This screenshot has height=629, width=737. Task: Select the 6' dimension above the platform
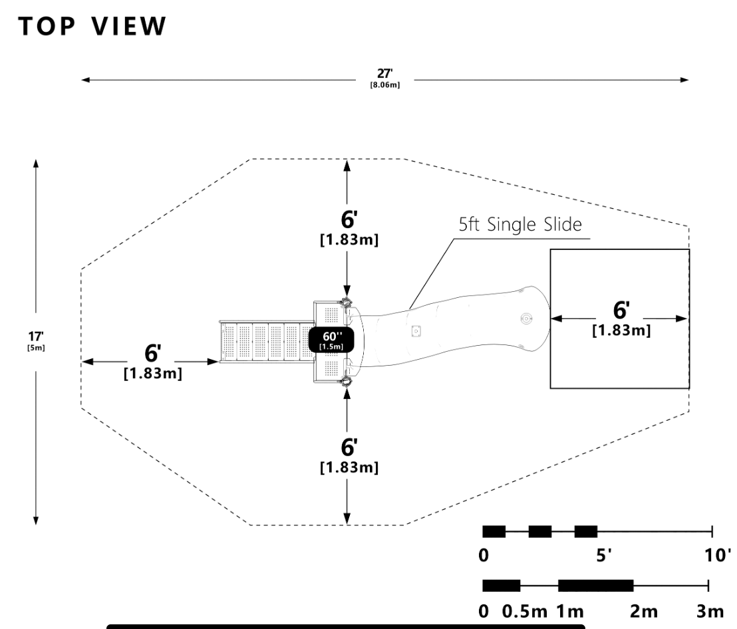point(349,227)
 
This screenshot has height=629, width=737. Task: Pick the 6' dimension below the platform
point(349,455)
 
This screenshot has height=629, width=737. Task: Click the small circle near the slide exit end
point(527,318)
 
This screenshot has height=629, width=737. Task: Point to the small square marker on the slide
point(416,329)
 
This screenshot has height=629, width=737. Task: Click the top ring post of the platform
point(346,303)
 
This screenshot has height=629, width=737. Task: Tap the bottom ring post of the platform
point(346,381)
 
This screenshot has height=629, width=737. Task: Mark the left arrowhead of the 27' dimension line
point(84,80)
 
